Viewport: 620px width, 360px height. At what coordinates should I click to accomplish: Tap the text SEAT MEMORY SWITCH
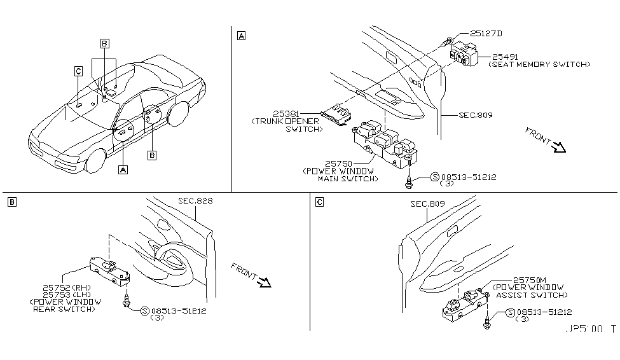click(x=539, y=65)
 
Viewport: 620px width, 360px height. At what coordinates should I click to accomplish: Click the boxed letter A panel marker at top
click(x=241, y=36)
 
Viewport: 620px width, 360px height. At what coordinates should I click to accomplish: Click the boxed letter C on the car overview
click(x=78, y=72)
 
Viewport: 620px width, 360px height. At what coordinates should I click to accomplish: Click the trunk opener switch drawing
click(x=336, y=115)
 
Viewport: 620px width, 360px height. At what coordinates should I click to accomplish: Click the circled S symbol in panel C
click(x=511, y=312)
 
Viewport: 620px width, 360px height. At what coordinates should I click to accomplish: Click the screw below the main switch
click(x=410, y=183)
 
